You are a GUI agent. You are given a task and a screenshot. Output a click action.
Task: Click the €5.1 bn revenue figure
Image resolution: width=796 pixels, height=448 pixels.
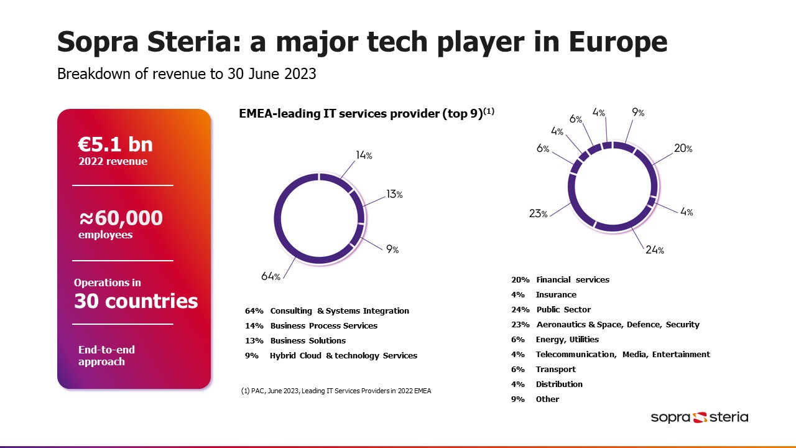[115, 145]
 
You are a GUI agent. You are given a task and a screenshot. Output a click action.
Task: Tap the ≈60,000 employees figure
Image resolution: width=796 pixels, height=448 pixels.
[121, 218]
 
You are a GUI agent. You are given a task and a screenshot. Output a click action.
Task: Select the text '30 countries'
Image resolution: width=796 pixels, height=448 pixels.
[136, 301]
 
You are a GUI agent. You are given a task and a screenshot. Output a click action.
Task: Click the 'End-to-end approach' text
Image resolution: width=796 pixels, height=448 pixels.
[106, 355]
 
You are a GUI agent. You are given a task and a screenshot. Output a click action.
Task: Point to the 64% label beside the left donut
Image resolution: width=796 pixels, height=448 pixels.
[271, 276]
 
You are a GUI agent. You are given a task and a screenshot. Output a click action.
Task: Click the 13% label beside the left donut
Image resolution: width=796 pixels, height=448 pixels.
[394, 194]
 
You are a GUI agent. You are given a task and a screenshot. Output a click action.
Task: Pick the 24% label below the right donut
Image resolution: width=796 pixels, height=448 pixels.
[655, 250]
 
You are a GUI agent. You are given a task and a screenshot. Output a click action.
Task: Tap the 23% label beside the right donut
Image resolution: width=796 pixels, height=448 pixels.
[538, 213]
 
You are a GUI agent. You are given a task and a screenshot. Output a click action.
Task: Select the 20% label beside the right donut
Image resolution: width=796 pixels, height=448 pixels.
[683, 149]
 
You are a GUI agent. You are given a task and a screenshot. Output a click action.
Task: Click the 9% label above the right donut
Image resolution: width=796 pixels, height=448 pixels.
[638, 113]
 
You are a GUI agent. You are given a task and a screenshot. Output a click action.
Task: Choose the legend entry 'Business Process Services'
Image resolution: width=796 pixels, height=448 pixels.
[323, 325]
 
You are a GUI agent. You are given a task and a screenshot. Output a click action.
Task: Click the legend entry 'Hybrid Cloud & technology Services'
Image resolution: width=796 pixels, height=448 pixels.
[343, 355]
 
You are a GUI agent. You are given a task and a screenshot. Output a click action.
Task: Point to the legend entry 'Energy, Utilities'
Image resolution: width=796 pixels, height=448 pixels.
[567, 339]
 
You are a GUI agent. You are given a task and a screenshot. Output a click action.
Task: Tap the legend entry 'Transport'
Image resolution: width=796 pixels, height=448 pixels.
[556, 369]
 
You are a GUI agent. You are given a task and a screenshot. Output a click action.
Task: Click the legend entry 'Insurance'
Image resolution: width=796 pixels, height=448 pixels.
[556, 294]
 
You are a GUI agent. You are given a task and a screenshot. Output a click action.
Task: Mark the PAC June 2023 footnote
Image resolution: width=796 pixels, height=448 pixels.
[336, 391]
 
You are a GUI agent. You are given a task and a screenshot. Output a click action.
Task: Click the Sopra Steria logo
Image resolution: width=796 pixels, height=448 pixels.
[700, 417]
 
